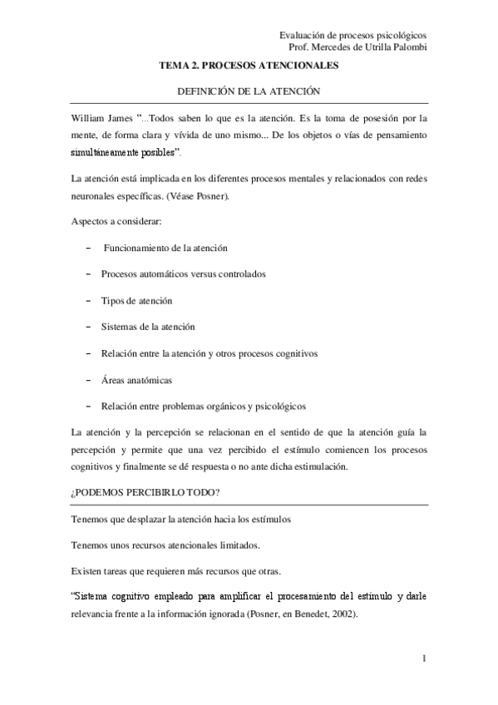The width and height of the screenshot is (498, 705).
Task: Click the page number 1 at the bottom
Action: point(424,659)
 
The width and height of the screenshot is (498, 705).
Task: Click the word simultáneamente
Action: point(107,154)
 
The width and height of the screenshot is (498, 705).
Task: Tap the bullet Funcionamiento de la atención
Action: point(165,248)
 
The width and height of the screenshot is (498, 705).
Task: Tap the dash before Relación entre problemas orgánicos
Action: point(87,407)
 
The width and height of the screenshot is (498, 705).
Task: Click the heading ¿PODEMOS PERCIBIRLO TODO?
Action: point(145,492)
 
